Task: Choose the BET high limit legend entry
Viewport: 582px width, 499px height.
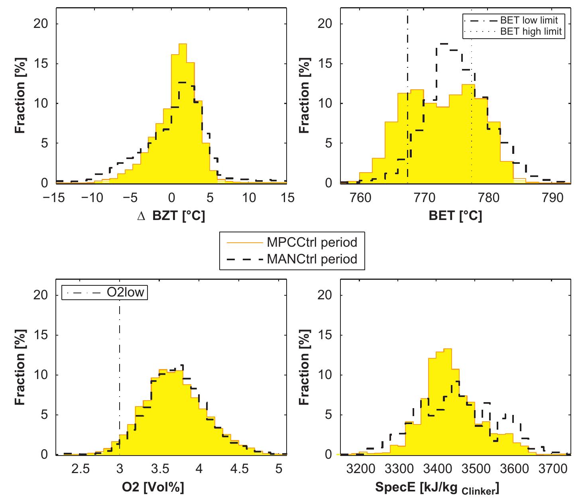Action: [531, 31]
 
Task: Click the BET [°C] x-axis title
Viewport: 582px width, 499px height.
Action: [455, 216]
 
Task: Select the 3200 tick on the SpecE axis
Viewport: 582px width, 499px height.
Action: [362, 469]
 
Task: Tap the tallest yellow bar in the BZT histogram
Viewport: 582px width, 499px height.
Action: [183, 116]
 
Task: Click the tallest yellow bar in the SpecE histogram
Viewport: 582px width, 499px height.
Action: [447, 403]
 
